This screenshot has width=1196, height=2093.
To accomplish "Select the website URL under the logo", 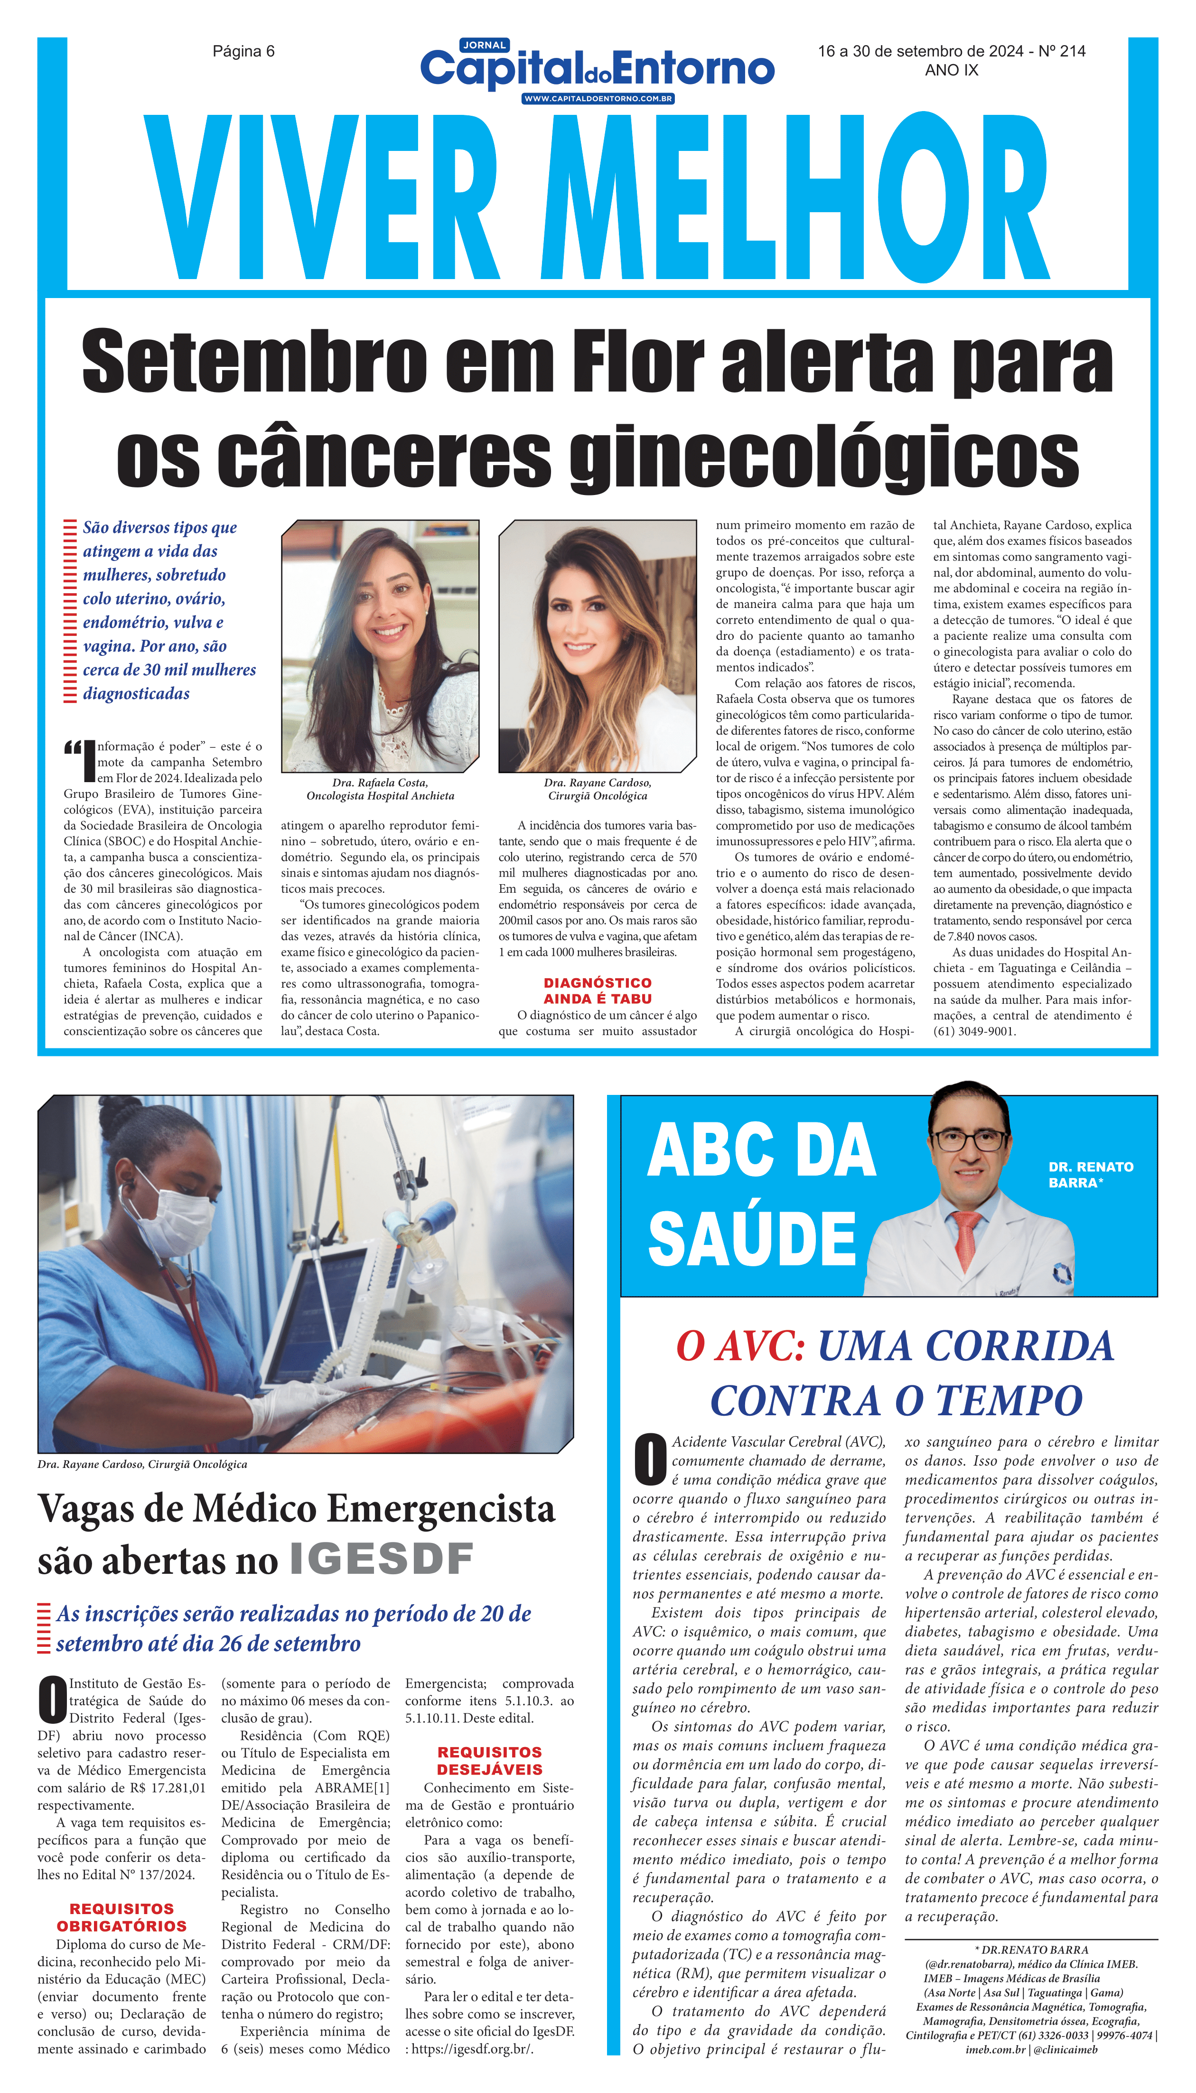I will [598, 99].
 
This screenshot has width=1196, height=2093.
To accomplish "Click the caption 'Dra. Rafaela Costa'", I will [380, 783].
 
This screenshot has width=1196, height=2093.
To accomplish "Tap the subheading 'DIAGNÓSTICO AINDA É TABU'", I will [597, 990].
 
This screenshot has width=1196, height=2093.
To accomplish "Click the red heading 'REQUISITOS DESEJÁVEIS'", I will [490, 1761].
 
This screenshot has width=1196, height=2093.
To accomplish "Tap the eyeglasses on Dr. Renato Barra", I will [969, 1140].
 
